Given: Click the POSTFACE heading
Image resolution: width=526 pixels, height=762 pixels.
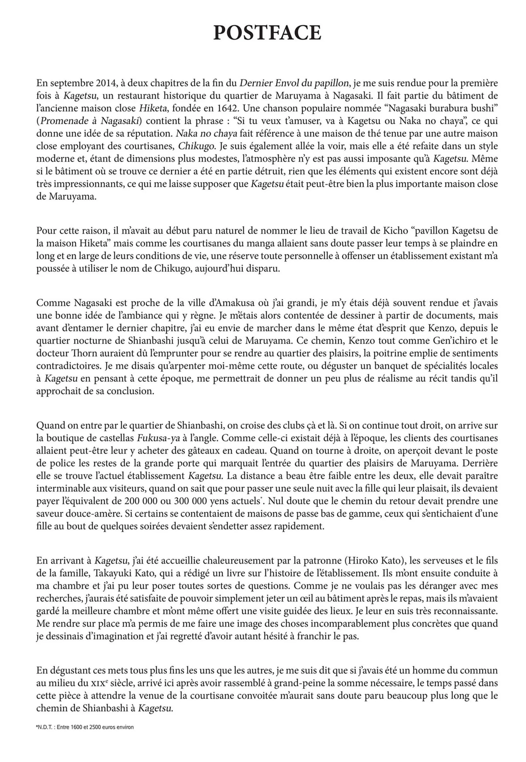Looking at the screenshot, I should [267, 33].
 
